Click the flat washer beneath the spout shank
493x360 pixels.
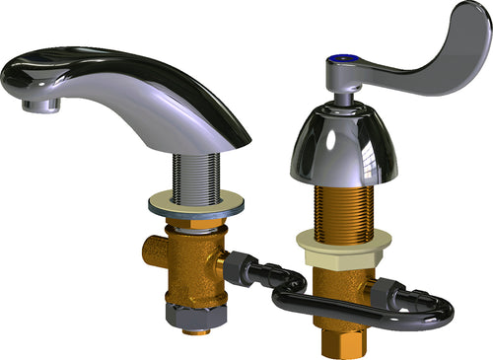point(197,205)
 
